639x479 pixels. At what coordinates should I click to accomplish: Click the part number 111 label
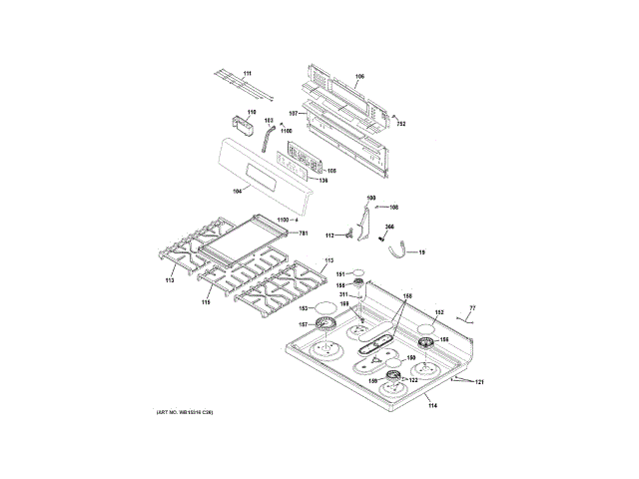pos(248,75)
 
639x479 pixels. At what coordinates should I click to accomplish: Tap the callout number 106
pos(360,77)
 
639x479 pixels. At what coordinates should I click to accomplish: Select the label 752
pos(400,124)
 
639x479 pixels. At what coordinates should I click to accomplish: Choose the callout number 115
pos(207,300)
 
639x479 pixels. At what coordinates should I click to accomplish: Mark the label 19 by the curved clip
pos(421,252)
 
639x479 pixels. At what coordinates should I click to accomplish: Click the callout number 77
pos(473,307)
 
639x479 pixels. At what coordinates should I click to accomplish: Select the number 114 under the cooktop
pos(432,406)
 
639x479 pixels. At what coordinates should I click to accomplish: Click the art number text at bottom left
pos(186,412)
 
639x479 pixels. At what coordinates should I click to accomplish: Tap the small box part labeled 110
pos(241,128)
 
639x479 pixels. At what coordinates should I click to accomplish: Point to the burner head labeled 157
pos(326,324)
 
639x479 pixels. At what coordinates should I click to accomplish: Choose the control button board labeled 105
pos(299,160)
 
